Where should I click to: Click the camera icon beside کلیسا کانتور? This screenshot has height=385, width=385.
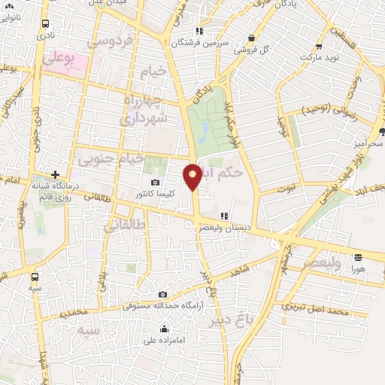(156, 183)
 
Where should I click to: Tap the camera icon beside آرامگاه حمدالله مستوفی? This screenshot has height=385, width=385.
(162, 294)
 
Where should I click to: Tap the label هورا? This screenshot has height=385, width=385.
(358, 268)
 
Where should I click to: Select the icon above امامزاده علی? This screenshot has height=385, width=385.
(165, 328)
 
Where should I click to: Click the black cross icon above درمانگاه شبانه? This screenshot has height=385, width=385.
(55, 173)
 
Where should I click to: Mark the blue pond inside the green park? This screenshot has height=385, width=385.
(204, 132)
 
